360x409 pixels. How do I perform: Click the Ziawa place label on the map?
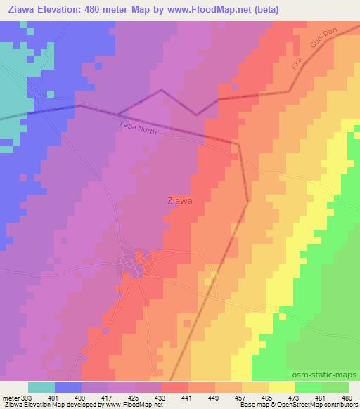point(181,200)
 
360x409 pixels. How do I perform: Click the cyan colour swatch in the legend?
point(41,387)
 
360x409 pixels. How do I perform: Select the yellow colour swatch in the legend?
point(282,387)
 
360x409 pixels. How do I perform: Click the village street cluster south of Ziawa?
point(135,264)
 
